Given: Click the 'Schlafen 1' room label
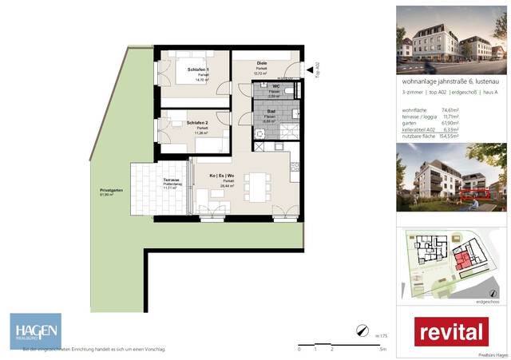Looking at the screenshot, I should click(x=199, y=70).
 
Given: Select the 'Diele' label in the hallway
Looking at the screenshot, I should click(x=261, y=63).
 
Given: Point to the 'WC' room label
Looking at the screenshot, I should click(x=275, y=85).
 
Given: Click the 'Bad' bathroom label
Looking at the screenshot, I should click(x=271, y=112).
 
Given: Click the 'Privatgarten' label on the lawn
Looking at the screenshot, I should click(x=112, y=191).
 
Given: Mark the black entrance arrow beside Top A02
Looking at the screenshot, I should click(x=309, y=72).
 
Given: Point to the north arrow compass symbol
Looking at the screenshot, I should click(x=362, y=330).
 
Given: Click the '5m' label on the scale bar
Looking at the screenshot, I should click(x=383, y=350).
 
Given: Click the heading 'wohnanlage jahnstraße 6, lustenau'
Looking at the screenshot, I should click(x=450, y=81).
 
